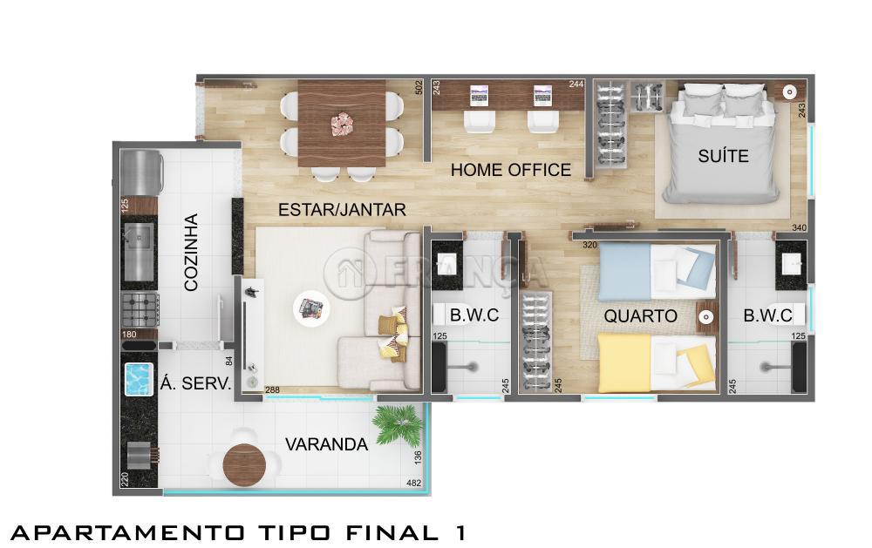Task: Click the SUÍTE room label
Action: point(723,156)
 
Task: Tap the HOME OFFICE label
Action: point(510,170)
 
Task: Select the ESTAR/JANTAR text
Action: point(342,210)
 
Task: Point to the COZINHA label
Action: point(191,252)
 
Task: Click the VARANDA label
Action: point(326,444)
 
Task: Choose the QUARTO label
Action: point(640,316)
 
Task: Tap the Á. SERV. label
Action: point(195,383)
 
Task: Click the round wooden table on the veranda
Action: point(245,465)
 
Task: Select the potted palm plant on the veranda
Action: point(399,424)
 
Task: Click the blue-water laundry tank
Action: point(139,379)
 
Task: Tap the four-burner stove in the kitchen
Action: point(140,309)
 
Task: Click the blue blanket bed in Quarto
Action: point(657,272)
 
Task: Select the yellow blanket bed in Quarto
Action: point(657,362)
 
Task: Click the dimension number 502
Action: point(419,88)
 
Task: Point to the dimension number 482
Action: point(413,483)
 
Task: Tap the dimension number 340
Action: point(799,228)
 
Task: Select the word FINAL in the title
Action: point(392,533)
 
